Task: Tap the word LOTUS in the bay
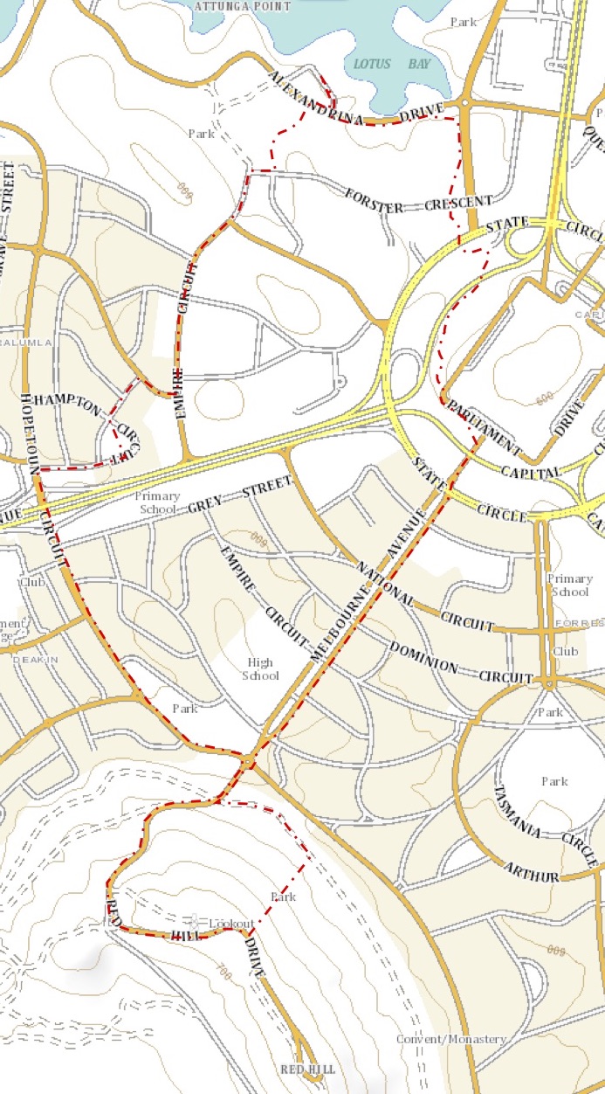coord(372,64)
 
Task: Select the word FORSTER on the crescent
coord(375,200)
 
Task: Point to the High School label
coord(261,669)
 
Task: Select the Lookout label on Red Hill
coord(231,924)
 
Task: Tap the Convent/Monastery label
coord(451,1039)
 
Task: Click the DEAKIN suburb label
coord(34,661)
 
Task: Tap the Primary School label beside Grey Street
coord(157,502)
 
